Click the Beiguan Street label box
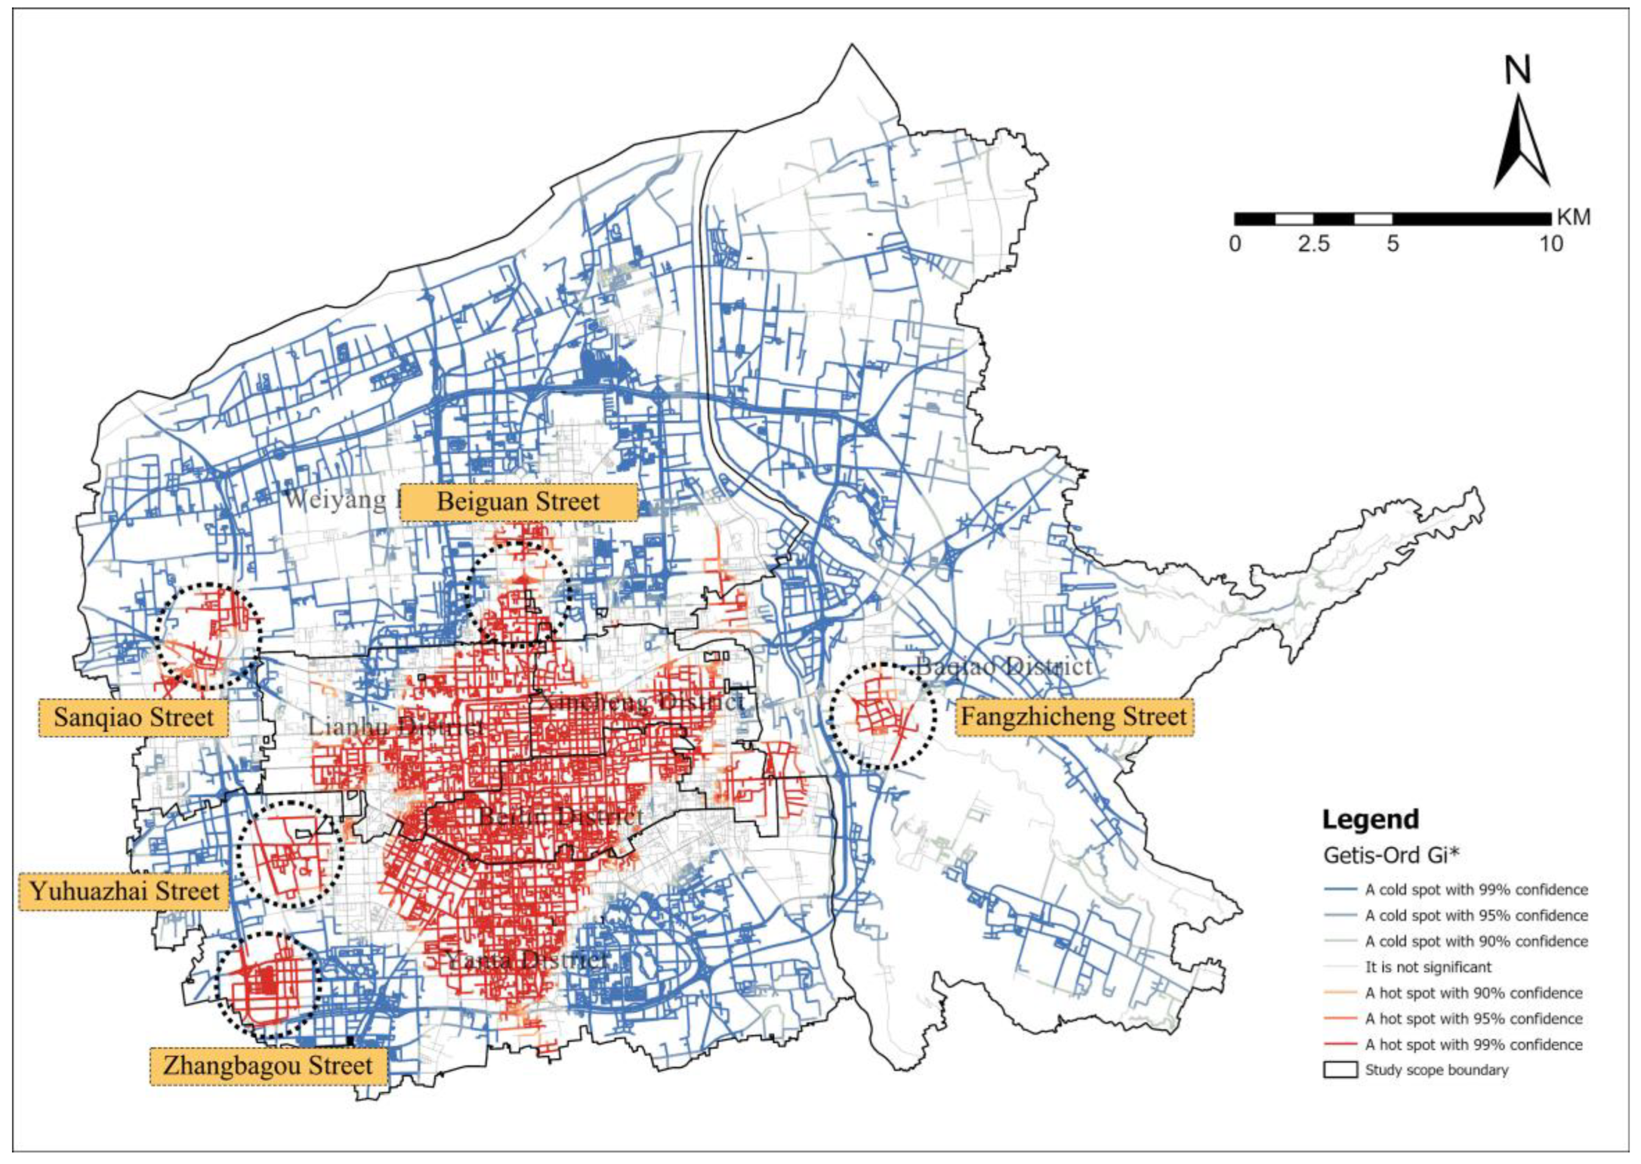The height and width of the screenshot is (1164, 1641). pyautogui.click(x=518, y=501)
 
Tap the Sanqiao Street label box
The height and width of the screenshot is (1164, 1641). pyautogui.click(x=133, y=717)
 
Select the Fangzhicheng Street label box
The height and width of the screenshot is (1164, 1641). pyautogui.click(x=1074, y=716)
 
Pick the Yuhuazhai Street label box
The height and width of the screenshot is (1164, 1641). pyautogui.click(x=124, y=891)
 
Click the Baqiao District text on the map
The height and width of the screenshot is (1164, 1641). pyautogui.click(x=1004, y=666)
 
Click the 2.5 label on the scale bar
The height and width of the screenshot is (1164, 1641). pyautogui.click(x=1313, y=244)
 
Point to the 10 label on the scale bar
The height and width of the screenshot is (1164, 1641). pyautogui.click(x=1551, y=244)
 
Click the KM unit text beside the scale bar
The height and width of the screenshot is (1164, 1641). pyautogui.click(x=1574, y=217)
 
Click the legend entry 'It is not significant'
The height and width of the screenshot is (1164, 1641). pyautogui.click(x=1428, y=967)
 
